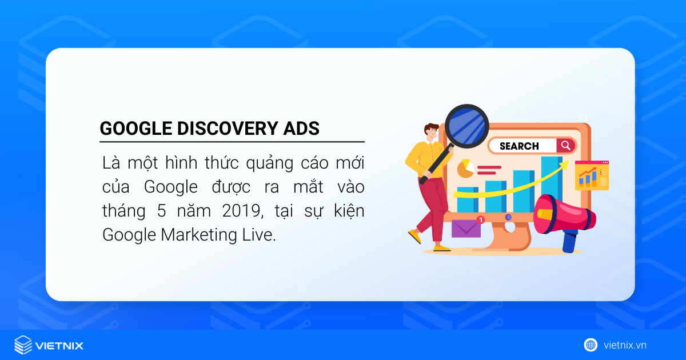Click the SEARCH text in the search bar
coord(519,146)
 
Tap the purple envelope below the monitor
coord(466,228)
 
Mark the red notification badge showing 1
coord(480,219)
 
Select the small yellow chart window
coord(592,175)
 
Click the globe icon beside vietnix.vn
coord(591,345)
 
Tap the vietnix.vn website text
coord(625,345)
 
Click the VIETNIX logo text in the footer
coord(59,346)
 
